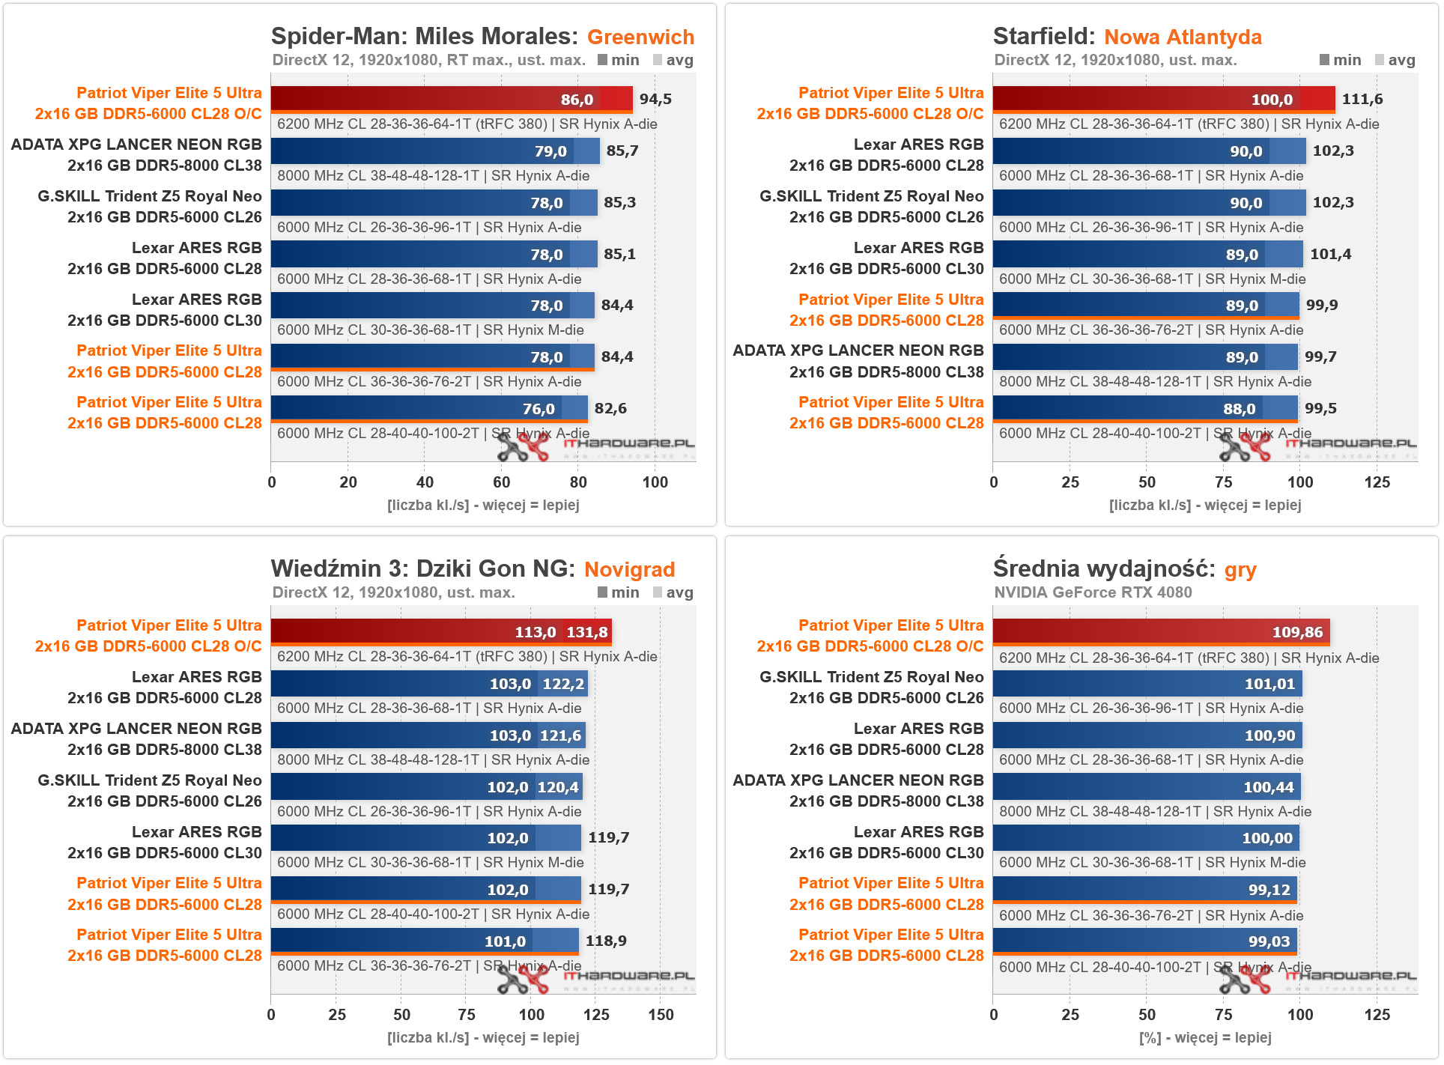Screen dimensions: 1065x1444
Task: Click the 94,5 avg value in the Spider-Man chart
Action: click(x=655, y=99)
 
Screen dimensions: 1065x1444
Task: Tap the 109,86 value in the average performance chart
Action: click(x=1297, y=632)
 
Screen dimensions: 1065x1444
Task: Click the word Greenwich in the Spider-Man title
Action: click(x=640, y=37)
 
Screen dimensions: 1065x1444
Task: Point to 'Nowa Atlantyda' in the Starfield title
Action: click(x=1183, y=37)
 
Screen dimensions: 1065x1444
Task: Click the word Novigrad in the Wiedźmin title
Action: click(x=629, y=569)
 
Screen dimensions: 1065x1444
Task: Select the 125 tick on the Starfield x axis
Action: click(x=1377, y=482)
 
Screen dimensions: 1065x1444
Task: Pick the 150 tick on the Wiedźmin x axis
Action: click(x=661, y=1015)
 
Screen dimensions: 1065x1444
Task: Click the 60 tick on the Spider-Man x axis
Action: click(x=502, y=482)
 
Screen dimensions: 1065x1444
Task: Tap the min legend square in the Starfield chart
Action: click(x=1324, y=60)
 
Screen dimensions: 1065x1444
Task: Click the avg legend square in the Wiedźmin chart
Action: click(x=658, y=592)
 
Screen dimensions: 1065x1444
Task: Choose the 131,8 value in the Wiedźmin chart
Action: click(x=586, y=632)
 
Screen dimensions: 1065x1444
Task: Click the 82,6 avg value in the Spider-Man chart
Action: click(x=610, y=408)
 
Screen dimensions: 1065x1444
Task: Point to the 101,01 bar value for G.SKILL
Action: click(x=1269, y=684)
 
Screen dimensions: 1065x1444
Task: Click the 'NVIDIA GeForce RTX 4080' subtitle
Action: click(x=1093, y=592)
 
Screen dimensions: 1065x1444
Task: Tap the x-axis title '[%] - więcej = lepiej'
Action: click(x=1205, y=1037)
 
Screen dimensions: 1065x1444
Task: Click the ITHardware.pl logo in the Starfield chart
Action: click(x=1318, y=446)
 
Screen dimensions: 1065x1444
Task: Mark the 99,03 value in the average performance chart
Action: click(x=1269, y=941)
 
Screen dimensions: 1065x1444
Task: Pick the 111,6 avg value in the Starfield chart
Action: click(x=1362, y=99)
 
